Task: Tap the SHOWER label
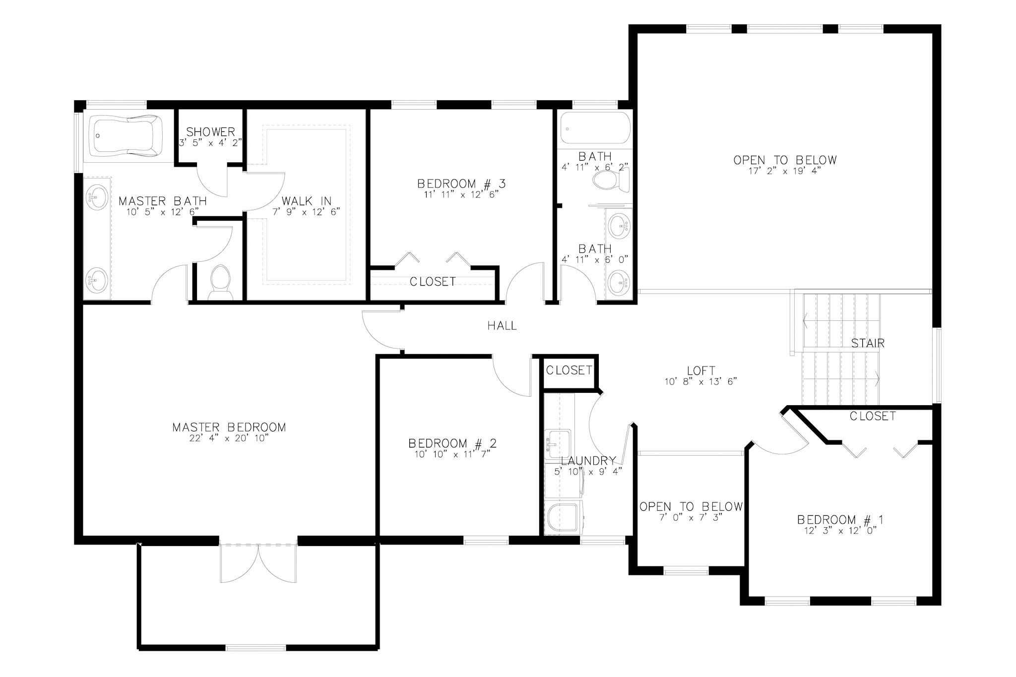coord(210,132)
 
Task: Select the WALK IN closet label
coord(306,201)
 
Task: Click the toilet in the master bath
coord(220,281)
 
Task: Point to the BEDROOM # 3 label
coord(461,184)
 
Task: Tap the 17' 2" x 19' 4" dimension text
coord(785,171)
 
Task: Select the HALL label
coord(502,326)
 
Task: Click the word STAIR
coord(868,343)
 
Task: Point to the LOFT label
coord(701,370)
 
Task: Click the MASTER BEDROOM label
coord(229,427)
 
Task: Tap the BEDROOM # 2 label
coord(452,443)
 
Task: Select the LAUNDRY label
coord(588,461)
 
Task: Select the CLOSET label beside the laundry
coord(569,370)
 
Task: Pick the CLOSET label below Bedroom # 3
coord(433,282)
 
